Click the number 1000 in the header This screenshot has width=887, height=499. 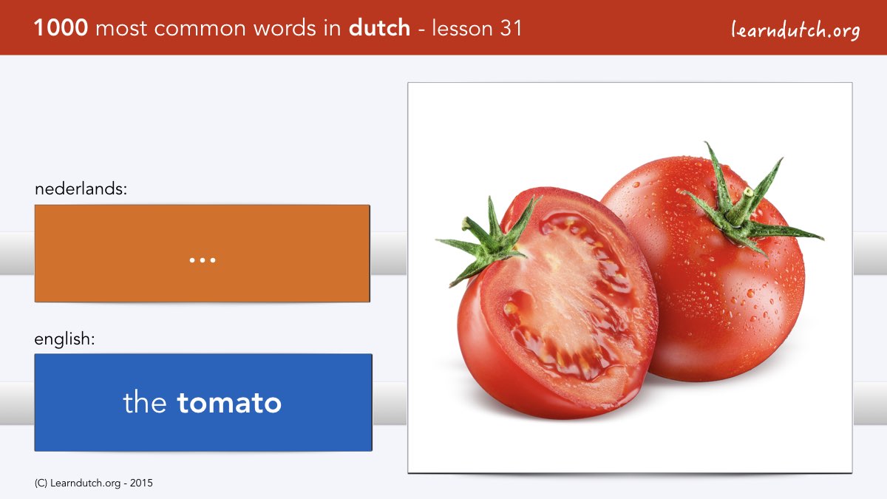pyautogui.click(x=61, y=28)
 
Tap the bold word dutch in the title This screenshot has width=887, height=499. pyautogui.click(x=379, y=28)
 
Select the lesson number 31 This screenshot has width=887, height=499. pyautogui.click(x=511, y=28)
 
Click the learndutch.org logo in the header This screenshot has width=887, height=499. pyautogui.click(x=795, y=30)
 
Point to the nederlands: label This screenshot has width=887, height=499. pyautogui.click(x=81, y=189)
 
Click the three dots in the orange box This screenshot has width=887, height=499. pyautogui.click(x=203, y=260)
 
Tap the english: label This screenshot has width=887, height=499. pyautogui.click(x=64, y=339)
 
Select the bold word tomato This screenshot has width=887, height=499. pyautogui.click(x=229, y=403)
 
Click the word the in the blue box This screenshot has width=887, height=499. pyautogui.click(x=145, y=402)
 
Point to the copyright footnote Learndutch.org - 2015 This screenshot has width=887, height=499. pyautogui.click(x=93, y=483)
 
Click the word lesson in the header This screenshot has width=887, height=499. pyautogui.click(x=462, y=28)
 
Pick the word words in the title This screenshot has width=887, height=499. pyautogui.click(x=285, y=28)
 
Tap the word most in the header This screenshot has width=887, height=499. pyautogui.click(x=121, y=29)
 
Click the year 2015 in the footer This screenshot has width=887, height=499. pyautogui.click(x=141, y=483)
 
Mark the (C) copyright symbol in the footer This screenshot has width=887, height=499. pyautogui.click(x=41, y=483)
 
